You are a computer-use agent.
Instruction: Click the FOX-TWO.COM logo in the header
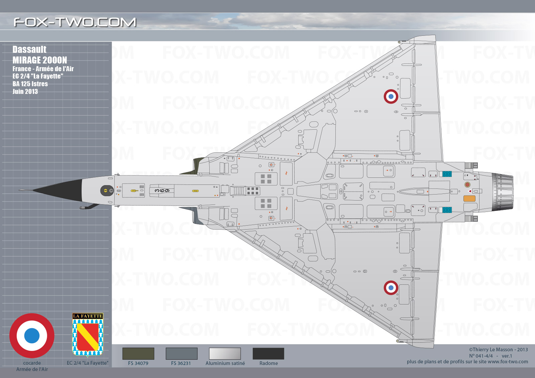pyautogui.click(x=75, y=22)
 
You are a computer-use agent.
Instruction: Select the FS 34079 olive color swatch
pyautogui.click(x=138, y=353)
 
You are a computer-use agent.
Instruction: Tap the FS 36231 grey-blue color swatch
pyautogui.click(x=182, y=353)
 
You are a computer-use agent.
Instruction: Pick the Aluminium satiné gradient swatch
pyautogui.click(x=225, y=353)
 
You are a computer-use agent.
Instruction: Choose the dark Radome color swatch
pyautogui.click(x=269, y=353)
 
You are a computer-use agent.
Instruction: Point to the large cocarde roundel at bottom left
pyautogui.click(x=32, y=336)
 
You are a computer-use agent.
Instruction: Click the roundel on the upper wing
pyautogui.click(x=391, y=97)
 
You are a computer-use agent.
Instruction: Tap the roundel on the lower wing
pyautogui.click(x=391, y=288)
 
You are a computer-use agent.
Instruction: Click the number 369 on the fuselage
pyautogui.click(x=162, y=191)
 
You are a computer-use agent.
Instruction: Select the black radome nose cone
pyautogui.click(x=58, y=190)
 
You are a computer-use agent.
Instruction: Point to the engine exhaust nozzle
pyautogui.click(x=502, y=192)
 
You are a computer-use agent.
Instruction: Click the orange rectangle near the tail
pyautogui.click(x=469, y=199)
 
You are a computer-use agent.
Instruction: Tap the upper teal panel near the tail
pyautogui.click(x=447, y=174)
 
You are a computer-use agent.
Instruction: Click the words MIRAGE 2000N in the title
pyautogui.click(x=40, y=60)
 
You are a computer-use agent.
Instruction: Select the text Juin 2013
pyautogui.click(x=25, y=92)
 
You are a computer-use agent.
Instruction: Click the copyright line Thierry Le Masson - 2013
pyautogui.click(x=498, y=350)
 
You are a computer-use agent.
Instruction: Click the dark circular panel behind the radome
pyautogui.click(x=107, y=191)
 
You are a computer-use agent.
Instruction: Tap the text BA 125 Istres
pyautogui.click(x=30, y=84)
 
